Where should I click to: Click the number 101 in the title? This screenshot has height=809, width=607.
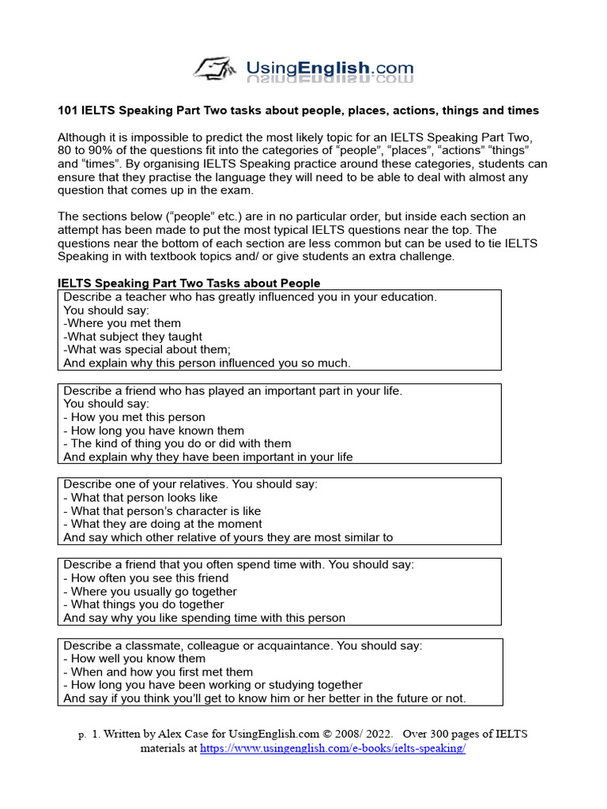[x=69, y=111]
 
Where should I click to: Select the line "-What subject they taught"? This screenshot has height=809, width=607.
[x=133, y=337]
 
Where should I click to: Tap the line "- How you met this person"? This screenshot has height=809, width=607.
[x=134, y=417]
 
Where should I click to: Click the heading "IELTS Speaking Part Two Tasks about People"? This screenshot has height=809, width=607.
[x=189, y=283]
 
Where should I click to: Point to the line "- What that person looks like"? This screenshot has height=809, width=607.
[x=140, y=498]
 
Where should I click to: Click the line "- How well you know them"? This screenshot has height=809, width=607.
[x=134, y=659]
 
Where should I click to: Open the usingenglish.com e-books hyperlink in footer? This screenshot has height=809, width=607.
[x=333, y=748]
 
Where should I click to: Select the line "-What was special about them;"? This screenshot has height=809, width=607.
[x=146, y=350]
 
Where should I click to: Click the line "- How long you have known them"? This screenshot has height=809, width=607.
[x=154, y=431]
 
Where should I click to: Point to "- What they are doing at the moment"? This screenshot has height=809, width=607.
[x=163, y=524]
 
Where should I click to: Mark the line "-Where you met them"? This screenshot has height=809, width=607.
[x=123, y=323]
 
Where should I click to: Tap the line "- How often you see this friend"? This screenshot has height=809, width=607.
[x=145, y=578]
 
